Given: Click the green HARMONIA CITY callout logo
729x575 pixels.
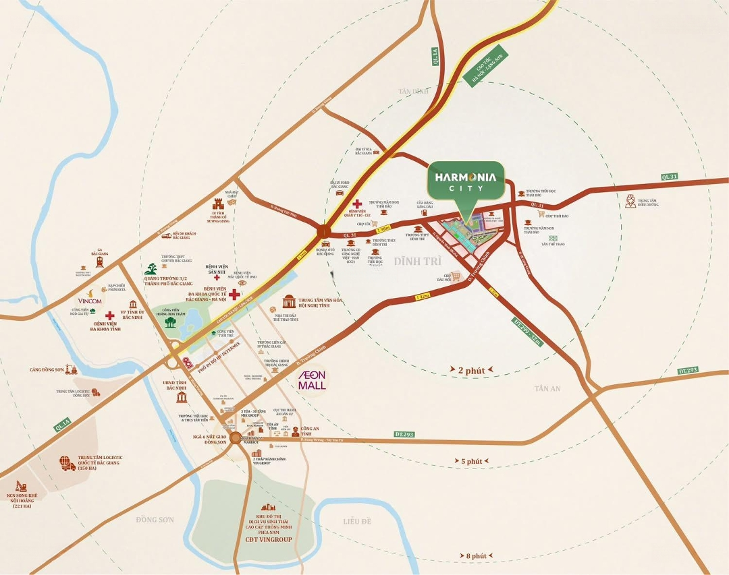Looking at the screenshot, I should point(466,180).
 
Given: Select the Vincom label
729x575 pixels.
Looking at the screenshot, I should point(89,301).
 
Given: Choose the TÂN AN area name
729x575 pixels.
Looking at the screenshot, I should point(547,389).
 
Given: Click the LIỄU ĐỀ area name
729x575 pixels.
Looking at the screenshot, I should point(357,521).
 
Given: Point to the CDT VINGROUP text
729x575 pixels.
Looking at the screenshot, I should point(265,540).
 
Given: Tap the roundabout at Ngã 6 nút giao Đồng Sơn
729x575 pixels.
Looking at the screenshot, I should point(234,438).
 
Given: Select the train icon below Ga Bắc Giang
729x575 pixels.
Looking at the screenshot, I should point(100,261).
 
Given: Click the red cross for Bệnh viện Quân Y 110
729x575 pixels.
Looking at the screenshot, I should point(357,203).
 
